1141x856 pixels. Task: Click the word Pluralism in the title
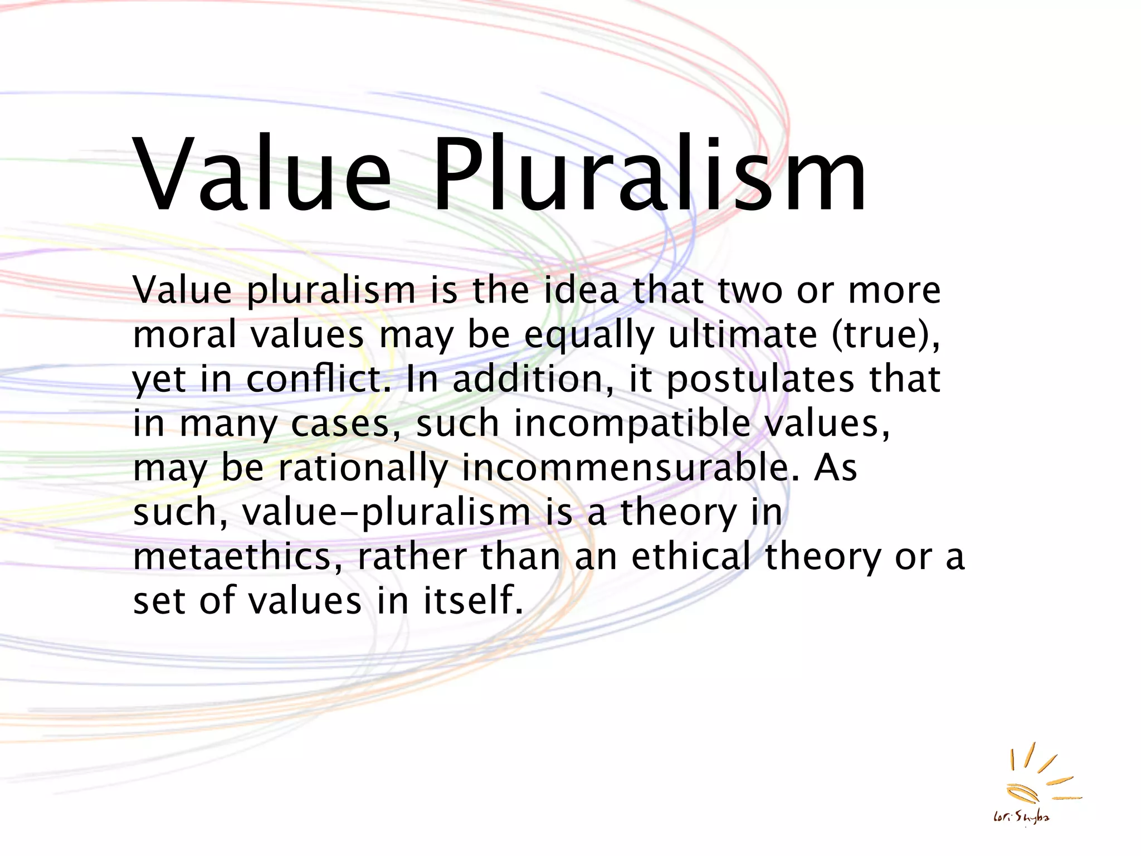pyautogui.click(x=649, y=174)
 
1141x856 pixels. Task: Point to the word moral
pyautogui.click(x=185, y=334)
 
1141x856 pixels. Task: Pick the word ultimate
pyautogui.click(x=742, y=334)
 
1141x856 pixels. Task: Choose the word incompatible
pyautogui.click(x=632, y=424)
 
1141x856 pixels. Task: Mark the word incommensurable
pyautogui.click(x=627, y=468)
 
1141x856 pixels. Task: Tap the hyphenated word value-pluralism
pyautogui.click(x=387, y=513)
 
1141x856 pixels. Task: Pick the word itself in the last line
pyautogui.click(x=474, y=601)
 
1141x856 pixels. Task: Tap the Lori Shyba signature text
pyautogui.click(x=1021, y=818)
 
